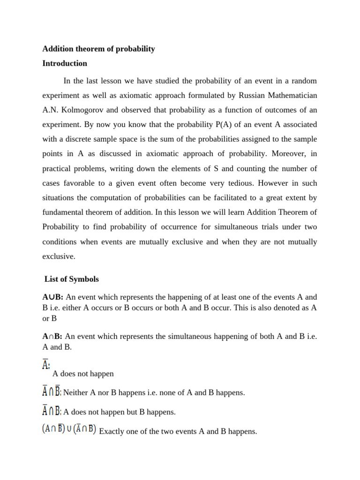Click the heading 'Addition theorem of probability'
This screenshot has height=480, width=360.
point(98,49)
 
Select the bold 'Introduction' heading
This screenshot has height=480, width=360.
point(65,63)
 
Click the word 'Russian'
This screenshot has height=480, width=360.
point(254,96)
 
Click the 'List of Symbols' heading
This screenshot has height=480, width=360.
point(72,279)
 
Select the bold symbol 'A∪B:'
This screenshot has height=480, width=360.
point(53,297)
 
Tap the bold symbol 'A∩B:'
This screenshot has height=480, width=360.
point(53,337)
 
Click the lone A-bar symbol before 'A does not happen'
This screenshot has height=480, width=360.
point(46,365)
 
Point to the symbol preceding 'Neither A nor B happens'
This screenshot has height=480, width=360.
point(52,392)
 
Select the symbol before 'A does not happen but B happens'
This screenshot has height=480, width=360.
point(52,411)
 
